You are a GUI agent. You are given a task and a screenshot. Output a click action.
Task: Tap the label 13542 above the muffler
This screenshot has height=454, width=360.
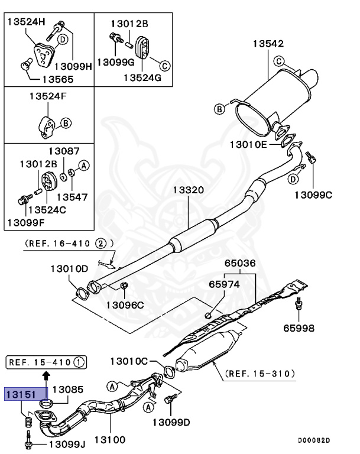pyautogui.click(x=268, y=44)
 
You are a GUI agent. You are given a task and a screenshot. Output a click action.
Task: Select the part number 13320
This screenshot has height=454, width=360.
pyautogui.click(x=188, y=190)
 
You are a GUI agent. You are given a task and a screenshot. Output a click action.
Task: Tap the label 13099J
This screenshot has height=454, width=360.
pyautogui.click(x=67, y=443)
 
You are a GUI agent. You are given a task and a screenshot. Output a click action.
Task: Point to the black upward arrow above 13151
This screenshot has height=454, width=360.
pyautogui.click(x=46, y=374)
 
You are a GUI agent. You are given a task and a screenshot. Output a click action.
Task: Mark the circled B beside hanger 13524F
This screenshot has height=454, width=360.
pyautogui.click(x=66, y=123)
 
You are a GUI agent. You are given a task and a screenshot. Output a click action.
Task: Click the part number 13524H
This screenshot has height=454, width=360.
pyautogui.click(x=26, y=22)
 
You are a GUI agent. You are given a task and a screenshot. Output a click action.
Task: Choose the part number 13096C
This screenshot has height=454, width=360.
pyautogui.click(x=125, y=305)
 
